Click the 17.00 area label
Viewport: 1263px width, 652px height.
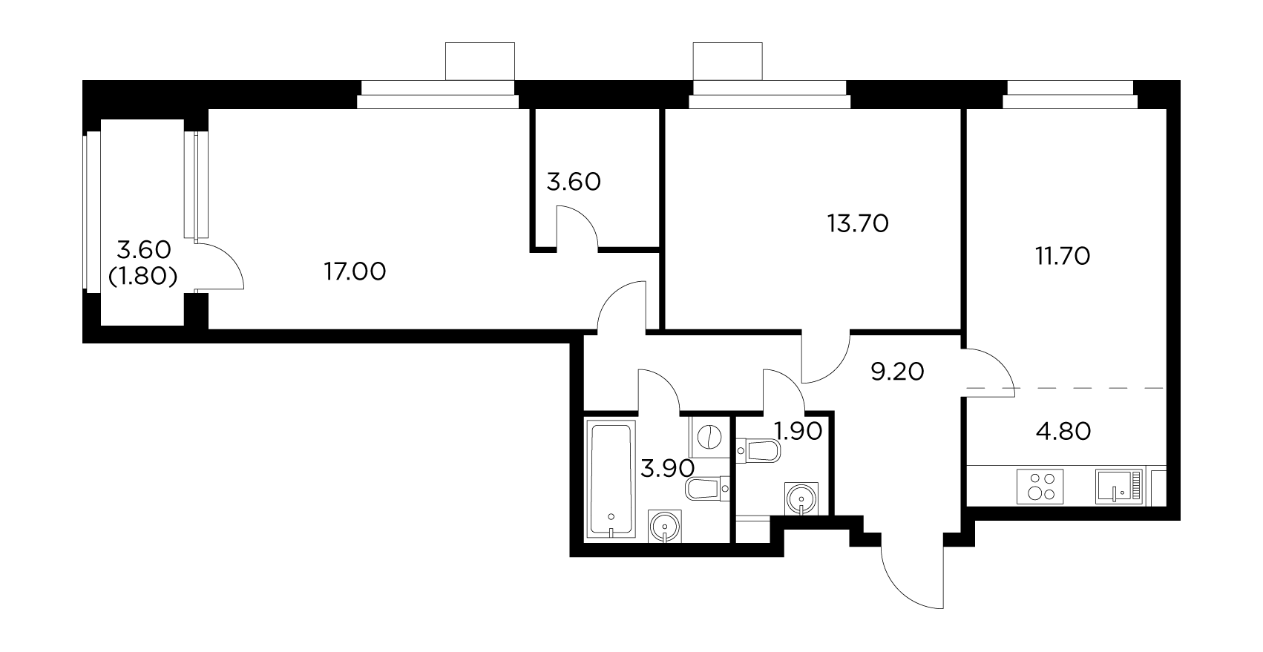pyautogui.click(x=355, y=272)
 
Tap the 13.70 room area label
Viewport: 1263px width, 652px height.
pyautogui.click(x=857, y=223)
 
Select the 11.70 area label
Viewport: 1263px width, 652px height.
pyautogui.click(x=1063, y=257)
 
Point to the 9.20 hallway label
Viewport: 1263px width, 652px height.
pyautogui.click(x=897, y=371)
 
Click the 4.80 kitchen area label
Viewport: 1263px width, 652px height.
pyautogui.click(x=1063, y=431)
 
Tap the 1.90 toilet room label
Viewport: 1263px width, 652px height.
pyautogui.click(x=798, y=431)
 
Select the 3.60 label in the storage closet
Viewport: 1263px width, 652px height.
pyautogui.click(x=573, y=182)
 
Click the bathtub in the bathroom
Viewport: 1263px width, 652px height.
pyautogui.click(x=611, y=478)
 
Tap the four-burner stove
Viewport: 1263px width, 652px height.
pyautogui.click(x=1038, y=487)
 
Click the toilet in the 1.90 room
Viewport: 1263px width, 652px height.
pyautogui.click(x=758, y=450)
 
